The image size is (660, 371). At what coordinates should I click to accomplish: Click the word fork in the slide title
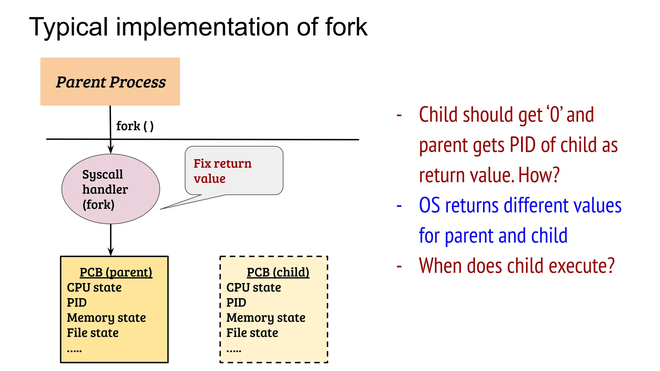pos(346,27)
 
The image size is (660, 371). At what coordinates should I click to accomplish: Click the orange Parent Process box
pos(110,82)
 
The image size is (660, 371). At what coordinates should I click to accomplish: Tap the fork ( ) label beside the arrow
pos(135,126)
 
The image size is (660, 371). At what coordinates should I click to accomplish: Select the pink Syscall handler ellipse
pos(111,189)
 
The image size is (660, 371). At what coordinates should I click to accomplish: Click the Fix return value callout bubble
pos(234,171)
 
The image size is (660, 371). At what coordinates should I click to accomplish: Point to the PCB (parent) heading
pos(116,272)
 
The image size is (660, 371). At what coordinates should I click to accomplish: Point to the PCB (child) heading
pos(278,272)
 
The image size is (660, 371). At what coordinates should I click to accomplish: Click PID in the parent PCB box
pos(77,303)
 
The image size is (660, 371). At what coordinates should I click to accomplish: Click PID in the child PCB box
pos(236,303)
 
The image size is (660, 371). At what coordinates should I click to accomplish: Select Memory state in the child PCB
pos(266,318)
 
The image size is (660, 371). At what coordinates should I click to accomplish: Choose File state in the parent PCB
pos(93,333)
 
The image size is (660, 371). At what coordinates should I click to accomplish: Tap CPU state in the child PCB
pos(254,288)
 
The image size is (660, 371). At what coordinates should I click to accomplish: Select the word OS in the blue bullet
pos(429,205)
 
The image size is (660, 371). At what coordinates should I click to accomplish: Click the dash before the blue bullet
pos(399,206)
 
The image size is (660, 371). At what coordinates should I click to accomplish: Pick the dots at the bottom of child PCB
pos(234,351)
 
